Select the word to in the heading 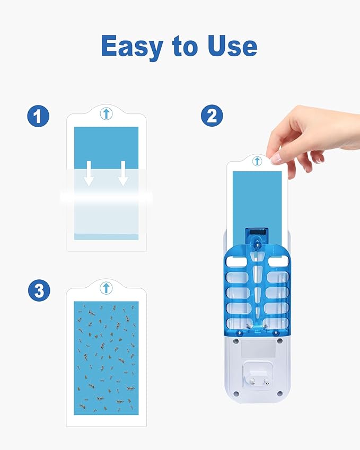pos(185,47)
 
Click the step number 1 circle pos(39,116)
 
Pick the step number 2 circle pos(212,116)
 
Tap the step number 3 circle pos(39,290)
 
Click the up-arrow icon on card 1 pos(106,113)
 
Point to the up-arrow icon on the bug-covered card pos(106,288)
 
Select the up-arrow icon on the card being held pos(257,161)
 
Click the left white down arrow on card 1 pos(89,173)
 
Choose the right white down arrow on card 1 pos(123,173)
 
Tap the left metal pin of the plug pos(252,381)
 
